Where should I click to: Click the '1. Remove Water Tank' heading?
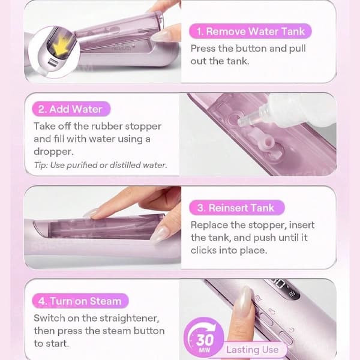(x=250, y=31)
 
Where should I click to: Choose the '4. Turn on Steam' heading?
(x=80, y=301)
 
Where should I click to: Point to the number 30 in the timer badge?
(x=205, y=340)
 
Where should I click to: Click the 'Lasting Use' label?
(x=253, y=349)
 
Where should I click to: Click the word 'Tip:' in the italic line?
(x=41, y=165)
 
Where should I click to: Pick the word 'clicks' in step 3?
(x=203, y=250)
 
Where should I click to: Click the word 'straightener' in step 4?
(x=129, y=319)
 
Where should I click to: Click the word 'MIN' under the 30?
(x=204, y=350)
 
